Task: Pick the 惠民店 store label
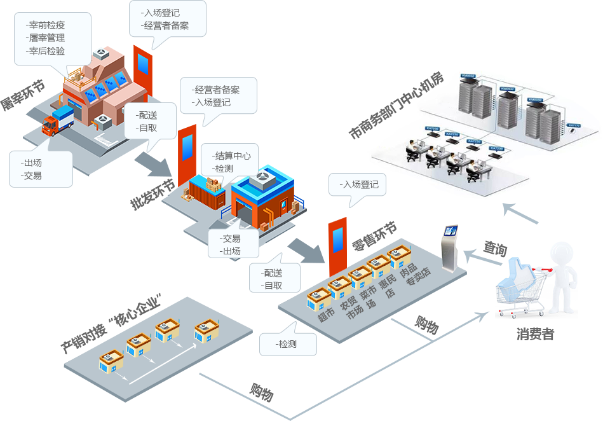388,287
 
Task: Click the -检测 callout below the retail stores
287,344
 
